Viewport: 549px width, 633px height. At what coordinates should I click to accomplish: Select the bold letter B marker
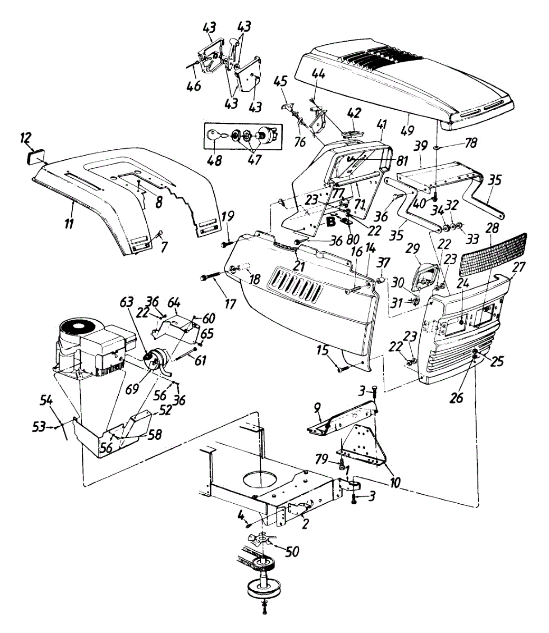tap(332, 222)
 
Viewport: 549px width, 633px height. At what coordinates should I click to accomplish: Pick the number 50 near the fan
tap(291, 552)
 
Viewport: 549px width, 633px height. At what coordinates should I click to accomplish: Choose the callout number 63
tap(127, 303)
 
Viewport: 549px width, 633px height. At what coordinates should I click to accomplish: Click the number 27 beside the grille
tap(519, 267)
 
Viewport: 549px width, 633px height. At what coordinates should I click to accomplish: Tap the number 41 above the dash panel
tap(382, 125)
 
